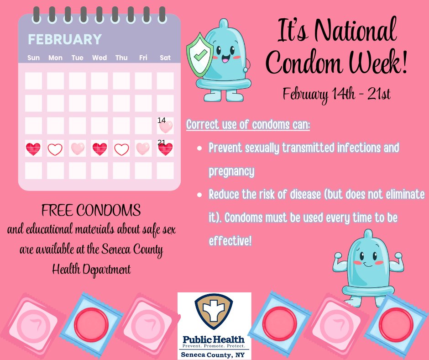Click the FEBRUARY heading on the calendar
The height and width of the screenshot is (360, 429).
pos(64,39)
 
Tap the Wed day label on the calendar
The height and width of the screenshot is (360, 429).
pos(99,58)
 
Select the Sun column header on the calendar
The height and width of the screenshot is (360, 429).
pos(33,58)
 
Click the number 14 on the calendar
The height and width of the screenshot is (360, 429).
pos(161,120)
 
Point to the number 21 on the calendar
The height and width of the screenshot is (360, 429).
pos(161,143)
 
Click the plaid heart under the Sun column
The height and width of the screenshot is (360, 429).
pos(33,149)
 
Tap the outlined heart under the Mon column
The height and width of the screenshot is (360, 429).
pos(55,149)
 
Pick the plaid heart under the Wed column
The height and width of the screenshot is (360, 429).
pos(99,149)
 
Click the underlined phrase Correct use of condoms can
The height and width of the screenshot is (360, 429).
pos(248,125)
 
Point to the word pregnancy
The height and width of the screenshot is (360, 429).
pos(231,172)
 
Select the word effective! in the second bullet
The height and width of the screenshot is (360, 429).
pos(230,241)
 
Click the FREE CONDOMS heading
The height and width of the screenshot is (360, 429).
pos(91,211)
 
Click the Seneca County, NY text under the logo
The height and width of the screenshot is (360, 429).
pos(214,355)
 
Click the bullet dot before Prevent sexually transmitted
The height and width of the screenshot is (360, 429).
pos(199,149)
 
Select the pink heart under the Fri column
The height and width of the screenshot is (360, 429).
pos(143,148)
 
